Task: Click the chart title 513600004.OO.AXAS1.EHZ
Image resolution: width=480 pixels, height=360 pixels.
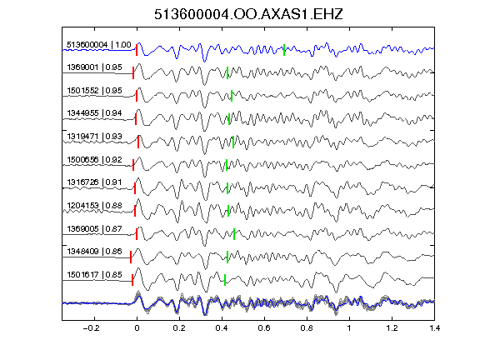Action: click(248, 14)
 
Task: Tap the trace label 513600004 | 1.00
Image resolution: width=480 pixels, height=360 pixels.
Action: click(99, 45)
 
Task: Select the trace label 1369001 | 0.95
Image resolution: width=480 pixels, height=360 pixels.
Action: click(95, 67)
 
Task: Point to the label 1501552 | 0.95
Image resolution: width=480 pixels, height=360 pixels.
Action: click(95, 90)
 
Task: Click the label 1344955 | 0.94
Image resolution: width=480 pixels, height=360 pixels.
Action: click(95, 113)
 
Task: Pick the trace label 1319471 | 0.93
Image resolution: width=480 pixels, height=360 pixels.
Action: click(95, 136)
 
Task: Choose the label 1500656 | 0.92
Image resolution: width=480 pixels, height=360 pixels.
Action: click(95, 159)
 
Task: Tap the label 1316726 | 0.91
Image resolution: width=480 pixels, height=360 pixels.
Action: click(95, 182)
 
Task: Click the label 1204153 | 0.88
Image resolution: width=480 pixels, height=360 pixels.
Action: click(95, 205)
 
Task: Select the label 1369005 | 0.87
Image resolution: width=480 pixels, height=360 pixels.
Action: click(95, 228)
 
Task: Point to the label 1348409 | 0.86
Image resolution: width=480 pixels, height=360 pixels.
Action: click(95, 252)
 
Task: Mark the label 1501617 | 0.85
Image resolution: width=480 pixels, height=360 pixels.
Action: click(95, 275)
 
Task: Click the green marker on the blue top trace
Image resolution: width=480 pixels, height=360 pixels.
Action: click(284, 50)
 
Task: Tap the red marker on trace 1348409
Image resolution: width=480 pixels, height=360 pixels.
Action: click(131, 257)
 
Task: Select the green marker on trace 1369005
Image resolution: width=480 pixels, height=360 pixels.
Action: click(234, 234)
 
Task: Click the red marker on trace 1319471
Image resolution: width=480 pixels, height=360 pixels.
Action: click(138, 142)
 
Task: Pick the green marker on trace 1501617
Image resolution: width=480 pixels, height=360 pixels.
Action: click(225, 280)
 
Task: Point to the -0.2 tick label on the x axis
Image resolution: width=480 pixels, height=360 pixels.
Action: click(91, 328)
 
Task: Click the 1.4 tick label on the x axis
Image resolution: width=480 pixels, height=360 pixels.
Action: click(435, 328)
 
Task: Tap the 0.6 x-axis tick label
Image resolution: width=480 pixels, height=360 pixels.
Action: click(264, 328)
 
